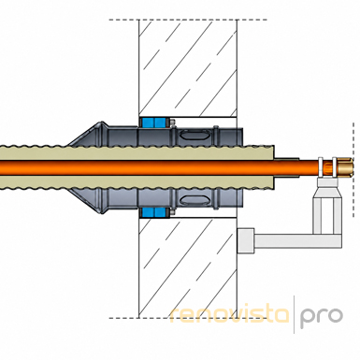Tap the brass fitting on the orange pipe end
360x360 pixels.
click(344, 167)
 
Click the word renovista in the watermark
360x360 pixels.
click(230, 314)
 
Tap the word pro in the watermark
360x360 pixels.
click(321, 316)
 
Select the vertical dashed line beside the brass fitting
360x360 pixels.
click(353, 170)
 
